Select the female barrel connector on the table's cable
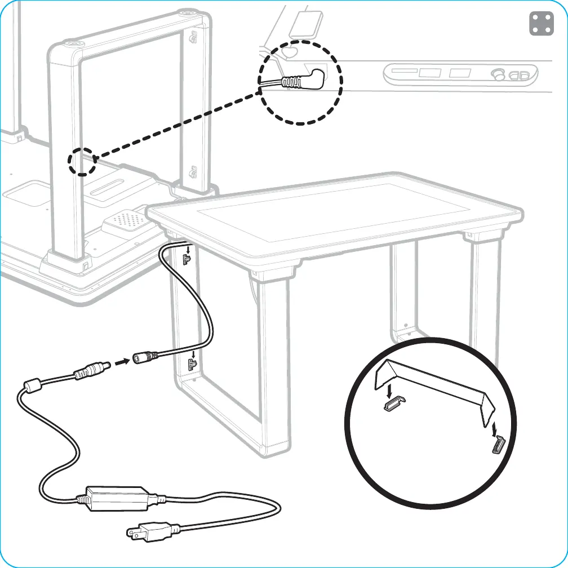144,357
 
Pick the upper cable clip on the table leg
188,258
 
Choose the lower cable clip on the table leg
193,365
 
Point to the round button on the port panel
498,74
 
